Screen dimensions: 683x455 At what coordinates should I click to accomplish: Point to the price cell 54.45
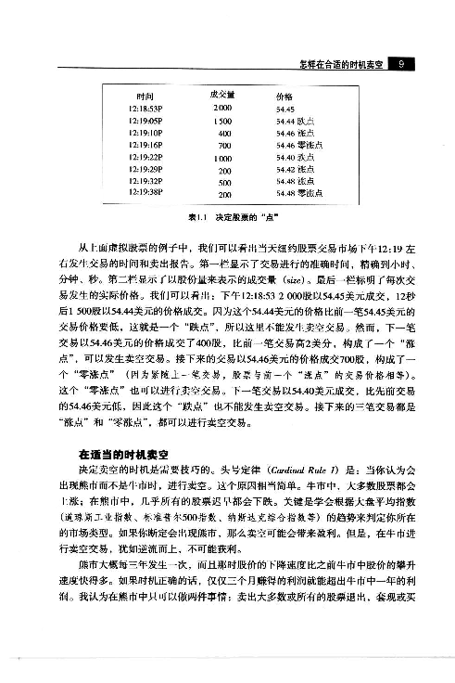285,109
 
